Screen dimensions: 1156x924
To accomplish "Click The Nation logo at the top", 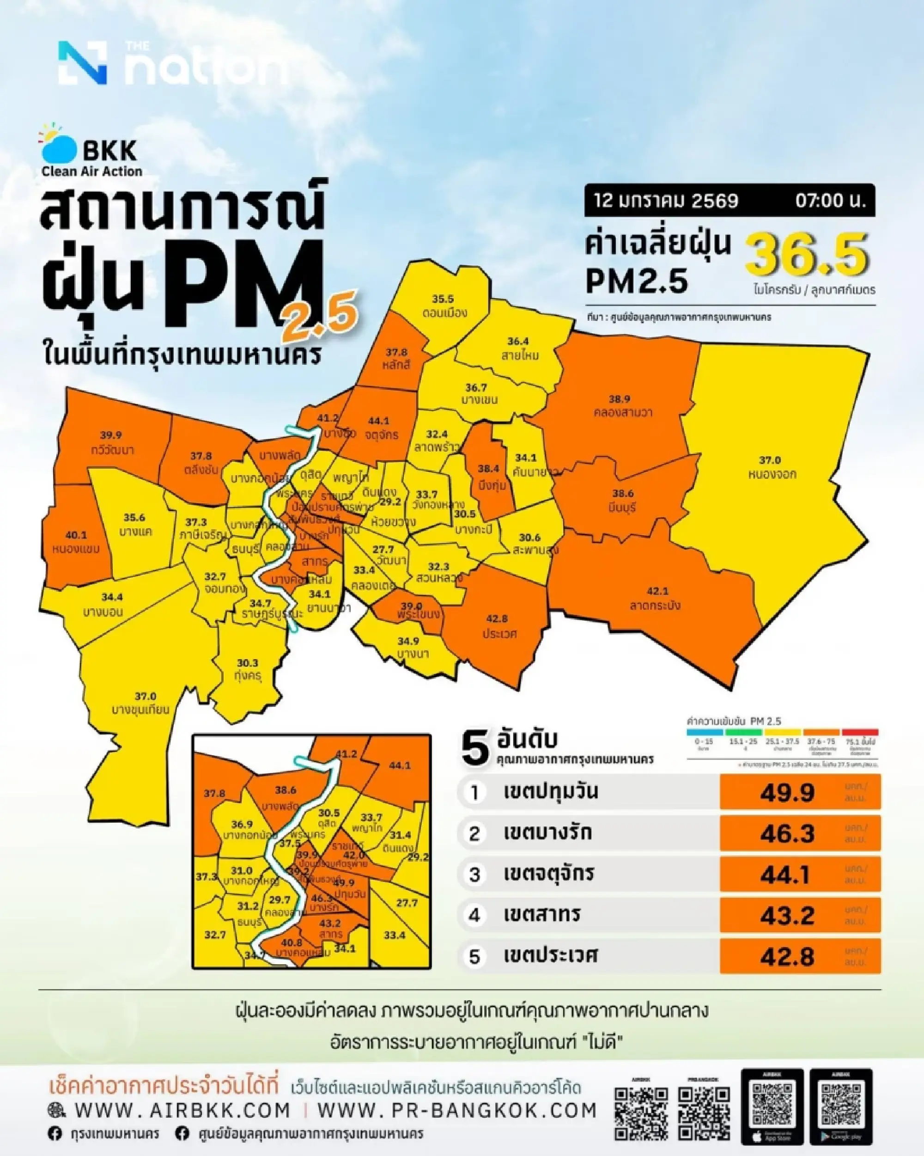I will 171,64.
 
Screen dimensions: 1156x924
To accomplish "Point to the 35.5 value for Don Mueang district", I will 443,299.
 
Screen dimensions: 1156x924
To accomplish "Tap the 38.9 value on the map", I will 619,399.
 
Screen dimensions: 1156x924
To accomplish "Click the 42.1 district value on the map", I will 657,591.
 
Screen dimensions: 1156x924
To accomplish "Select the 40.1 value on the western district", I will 76,535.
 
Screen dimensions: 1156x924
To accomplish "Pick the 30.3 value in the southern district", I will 248,663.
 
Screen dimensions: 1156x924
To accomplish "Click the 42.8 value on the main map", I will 497,618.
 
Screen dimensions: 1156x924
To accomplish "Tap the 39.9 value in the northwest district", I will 111,435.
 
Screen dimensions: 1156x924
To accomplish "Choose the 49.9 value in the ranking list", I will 787,792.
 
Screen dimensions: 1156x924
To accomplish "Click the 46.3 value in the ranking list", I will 787,833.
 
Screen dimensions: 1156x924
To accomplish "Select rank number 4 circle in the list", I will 474,915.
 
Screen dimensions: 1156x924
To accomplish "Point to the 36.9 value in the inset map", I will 242,824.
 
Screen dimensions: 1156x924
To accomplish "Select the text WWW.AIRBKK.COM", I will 182,1109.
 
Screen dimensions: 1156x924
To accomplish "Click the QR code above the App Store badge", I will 772,1096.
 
